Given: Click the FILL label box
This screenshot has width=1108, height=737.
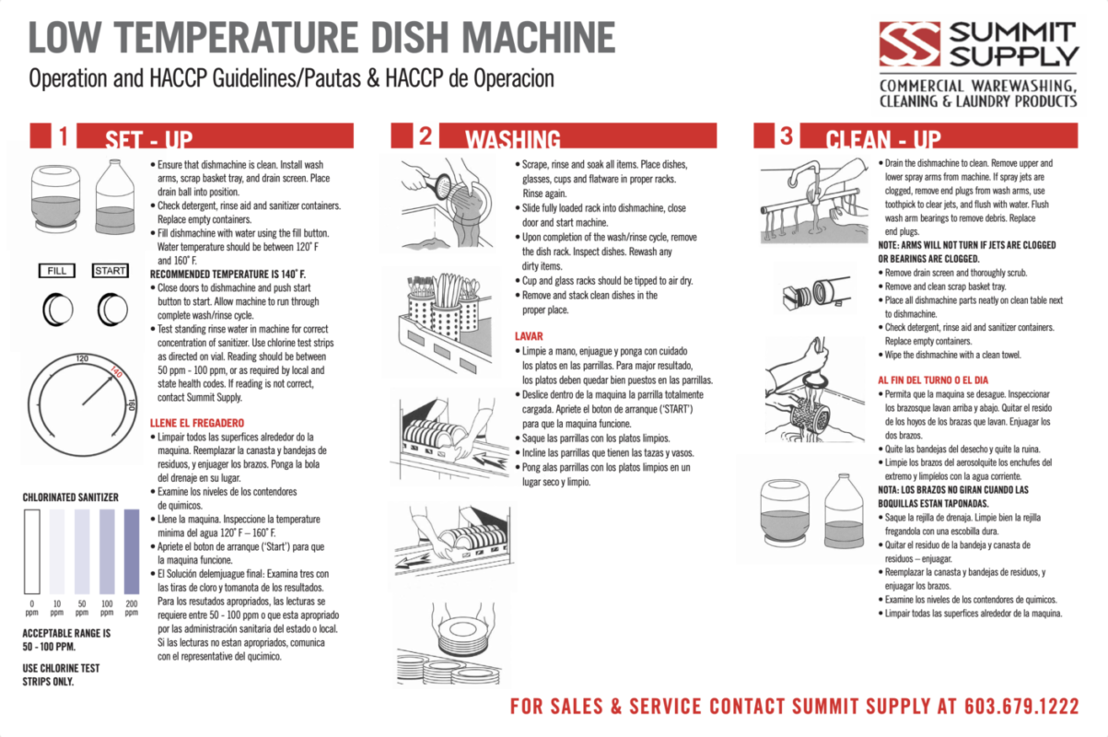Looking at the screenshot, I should click(x=56, y=271).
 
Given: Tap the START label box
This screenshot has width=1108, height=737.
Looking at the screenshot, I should click(x=111, y=271).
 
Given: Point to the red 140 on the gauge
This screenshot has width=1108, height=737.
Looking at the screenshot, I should click(x=116, y=372).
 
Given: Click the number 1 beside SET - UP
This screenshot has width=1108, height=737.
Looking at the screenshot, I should click(x=62, y=136).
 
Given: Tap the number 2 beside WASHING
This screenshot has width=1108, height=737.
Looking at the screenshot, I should click(x=424, y=136).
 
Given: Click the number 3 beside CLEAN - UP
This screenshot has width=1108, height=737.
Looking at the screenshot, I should click(x=785, y=136).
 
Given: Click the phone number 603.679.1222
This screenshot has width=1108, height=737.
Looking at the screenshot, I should click(x=1021, y=707).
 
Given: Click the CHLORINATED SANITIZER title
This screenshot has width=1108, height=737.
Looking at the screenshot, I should click(x=70, y=497).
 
